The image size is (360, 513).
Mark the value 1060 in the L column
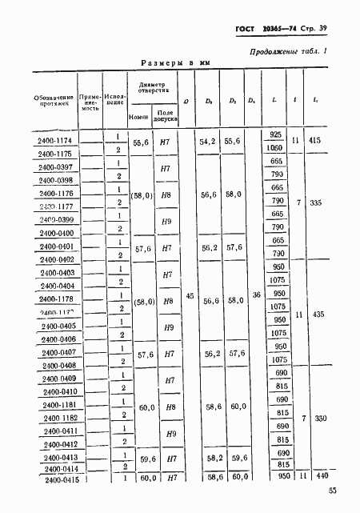[x=277, y=148]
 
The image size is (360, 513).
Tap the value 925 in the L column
[x=277, y=134]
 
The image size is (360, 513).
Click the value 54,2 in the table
[x=209, y=141]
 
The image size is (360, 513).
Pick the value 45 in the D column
[x=189, y=296]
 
